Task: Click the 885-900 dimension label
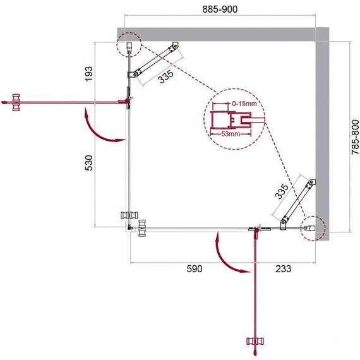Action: [220, 9]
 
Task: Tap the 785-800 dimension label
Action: [355, 137]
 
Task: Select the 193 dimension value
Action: [89, 73]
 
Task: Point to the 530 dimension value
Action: [89, 163]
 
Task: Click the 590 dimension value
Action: [195, 268]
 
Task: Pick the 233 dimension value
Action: [284, 268]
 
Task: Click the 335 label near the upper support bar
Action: [166, 76]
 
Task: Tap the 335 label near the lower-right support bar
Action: [282, 191]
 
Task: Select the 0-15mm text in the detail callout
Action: [244, 104]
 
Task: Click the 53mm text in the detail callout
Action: [231, 134]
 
